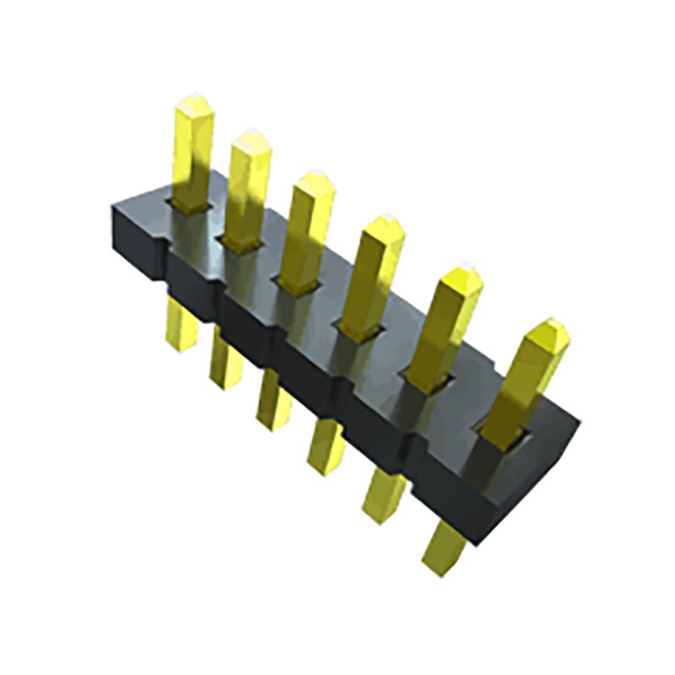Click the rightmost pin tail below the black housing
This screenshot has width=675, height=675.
[x=444, y=548]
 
